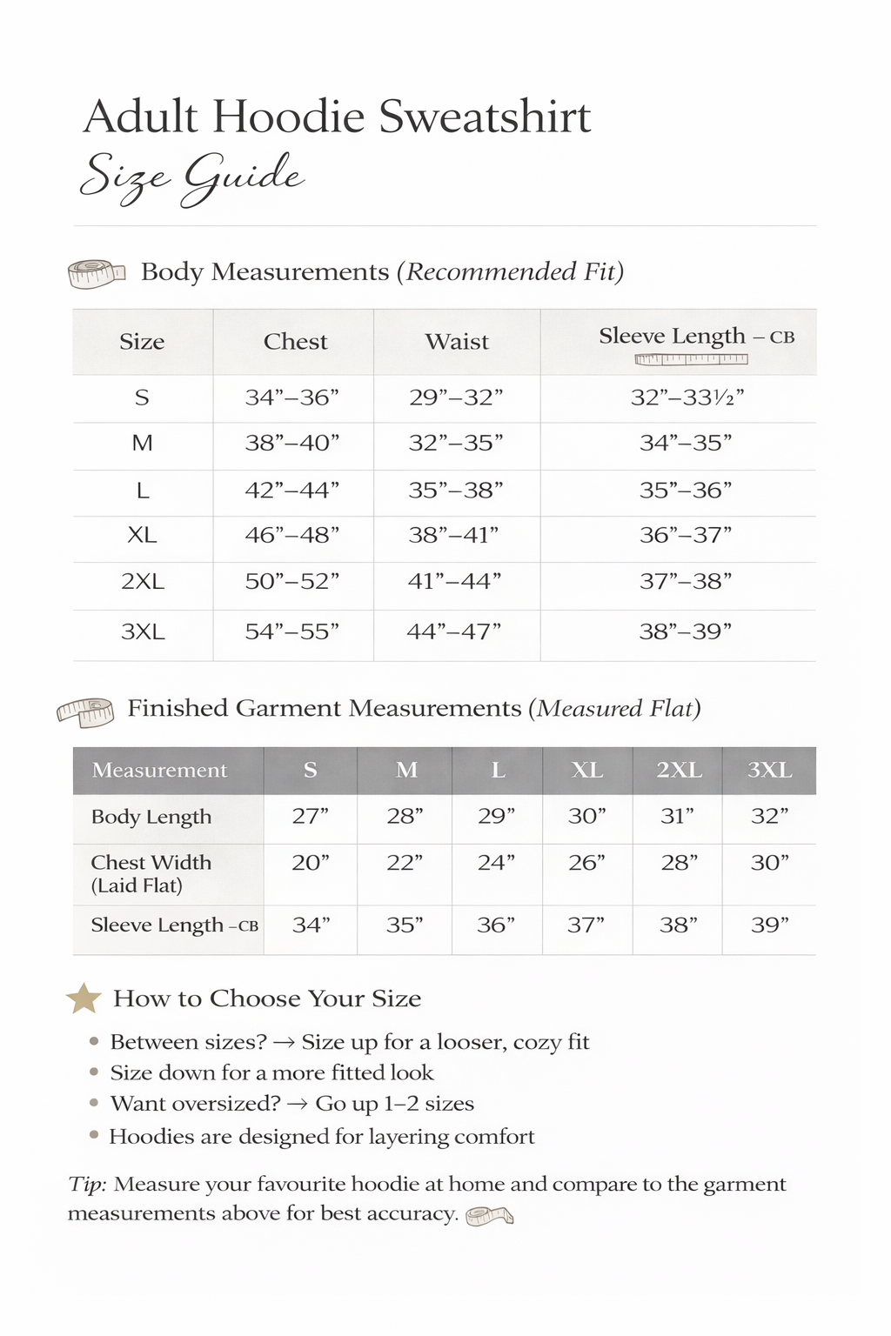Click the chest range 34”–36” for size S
(x=291, y=397)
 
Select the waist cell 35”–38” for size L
(x=456, y=491)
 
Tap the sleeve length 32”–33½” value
(x=687, y=397)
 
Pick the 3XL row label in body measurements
(x=143, y=631)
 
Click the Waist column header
(x=457, y=342)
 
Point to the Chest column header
(x=295, y=342)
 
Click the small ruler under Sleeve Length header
(x=691, y=359)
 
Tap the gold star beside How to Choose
(x=84, y=999)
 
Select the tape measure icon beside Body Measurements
(x=97, y=274)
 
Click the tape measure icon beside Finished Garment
(x=85, y=711)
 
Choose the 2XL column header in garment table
(x=679, y=770)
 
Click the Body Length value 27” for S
(x=310, y=816)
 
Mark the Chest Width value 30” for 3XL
(x=769, y=863)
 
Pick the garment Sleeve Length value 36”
(x=496, y=925)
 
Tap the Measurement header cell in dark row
(x=159, y=770)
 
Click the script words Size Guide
(x=191, y=177)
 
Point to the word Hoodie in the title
(x=288, y=117)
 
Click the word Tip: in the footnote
(x=88, y=1184)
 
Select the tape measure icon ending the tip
(x=489, y=1215)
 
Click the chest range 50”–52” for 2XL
(x=291, y=581)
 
